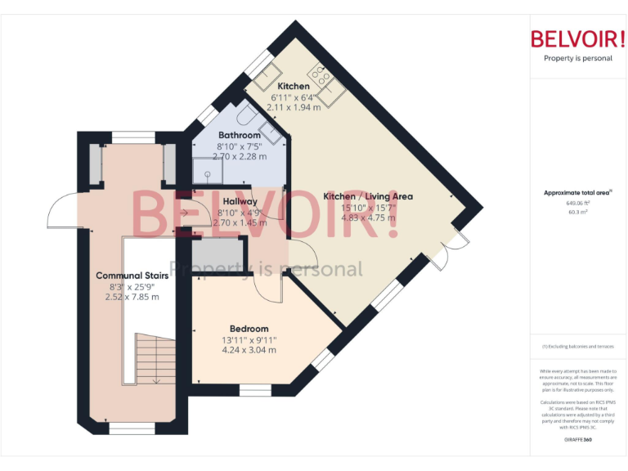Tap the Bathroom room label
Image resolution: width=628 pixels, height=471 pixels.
click(x=240, y=135)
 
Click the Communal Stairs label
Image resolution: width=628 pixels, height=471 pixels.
click(x=132, y=275)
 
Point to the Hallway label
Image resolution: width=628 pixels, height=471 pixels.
click(x=240, y=201)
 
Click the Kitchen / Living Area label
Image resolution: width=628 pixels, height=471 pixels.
click(x=368, y=196)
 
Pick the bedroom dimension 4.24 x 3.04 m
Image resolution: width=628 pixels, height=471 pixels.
click(x=248, y=350)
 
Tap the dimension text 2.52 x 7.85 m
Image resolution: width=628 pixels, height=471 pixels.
click(x=132, y=297)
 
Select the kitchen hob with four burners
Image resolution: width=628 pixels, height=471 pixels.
click(x=321, y=78)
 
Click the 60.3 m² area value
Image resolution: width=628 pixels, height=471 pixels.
click(x=578, y=211)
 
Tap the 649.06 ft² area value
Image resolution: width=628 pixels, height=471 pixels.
click(x=578, y=203)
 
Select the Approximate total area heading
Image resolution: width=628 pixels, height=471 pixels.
click(x=578, y=192)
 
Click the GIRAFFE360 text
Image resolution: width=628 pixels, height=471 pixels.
click(x=578, y=440)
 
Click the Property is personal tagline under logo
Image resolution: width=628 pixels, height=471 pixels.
click(x=578, y=58)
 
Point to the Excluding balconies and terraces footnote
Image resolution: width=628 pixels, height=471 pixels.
click(x=578, y=346)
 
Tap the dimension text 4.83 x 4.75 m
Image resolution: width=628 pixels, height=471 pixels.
click(x=368, y=218)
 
